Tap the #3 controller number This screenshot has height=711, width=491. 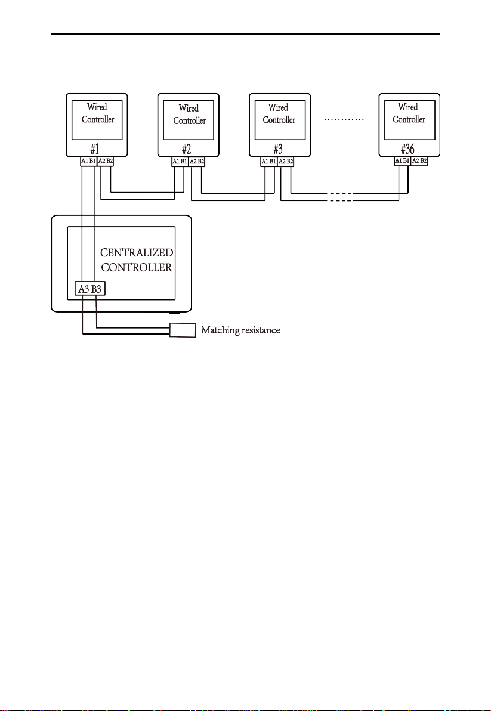279,149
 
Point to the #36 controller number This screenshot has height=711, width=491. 408,149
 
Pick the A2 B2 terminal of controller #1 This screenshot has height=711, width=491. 105,161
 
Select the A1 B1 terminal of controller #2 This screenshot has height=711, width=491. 180,162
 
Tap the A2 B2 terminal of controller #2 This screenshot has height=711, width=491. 196,162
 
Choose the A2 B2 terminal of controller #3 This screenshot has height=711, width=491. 286,161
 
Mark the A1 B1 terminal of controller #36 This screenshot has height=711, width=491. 402,161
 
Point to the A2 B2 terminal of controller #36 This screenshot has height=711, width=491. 418,161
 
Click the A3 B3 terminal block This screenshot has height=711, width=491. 89,289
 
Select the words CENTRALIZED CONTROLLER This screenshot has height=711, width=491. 137,260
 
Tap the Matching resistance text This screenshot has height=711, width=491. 240,330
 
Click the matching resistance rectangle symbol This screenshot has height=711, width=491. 183,330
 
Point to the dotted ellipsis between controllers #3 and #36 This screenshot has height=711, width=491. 345,120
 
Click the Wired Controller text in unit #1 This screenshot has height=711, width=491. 98,113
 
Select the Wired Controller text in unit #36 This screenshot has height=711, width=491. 409,113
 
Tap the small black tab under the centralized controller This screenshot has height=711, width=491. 175,313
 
